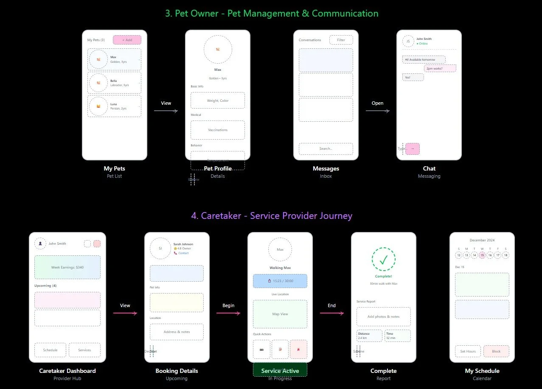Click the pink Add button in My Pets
127,40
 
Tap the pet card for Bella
114,83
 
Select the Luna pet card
114,106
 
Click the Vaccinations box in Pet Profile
217,130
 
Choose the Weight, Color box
217,101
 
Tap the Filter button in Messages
341,40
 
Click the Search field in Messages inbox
326,148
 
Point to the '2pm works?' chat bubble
440,68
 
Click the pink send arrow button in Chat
413,148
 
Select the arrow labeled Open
377,111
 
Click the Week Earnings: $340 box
67,267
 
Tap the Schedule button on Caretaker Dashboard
50,350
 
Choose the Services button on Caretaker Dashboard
84,350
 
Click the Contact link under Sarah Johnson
183,253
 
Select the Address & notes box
177,332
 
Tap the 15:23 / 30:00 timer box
280,281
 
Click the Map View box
280,314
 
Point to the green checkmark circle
383,259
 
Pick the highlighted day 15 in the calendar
482,255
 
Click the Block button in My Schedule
496,351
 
